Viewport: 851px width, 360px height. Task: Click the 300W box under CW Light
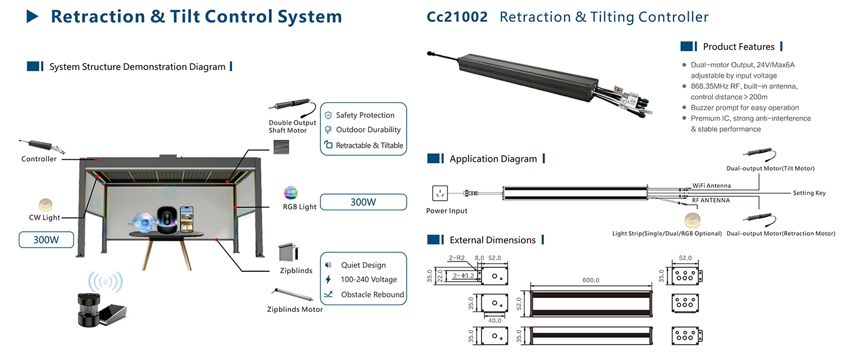coord(46,240)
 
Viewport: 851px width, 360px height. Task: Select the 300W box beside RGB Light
coord(363,202)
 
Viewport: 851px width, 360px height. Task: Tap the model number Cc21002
coord(457,17)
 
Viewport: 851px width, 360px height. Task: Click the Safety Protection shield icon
coord(328,115)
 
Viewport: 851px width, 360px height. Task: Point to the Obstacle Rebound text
coord(372,294)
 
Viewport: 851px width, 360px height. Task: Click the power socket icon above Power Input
coord(440,193)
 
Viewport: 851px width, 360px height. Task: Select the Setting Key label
coord(809,193)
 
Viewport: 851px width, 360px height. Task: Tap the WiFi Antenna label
coord(711,185)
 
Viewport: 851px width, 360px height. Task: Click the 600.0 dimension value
coord(591,280)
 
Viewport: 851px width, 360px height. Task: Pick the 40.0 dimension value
coord(495,320)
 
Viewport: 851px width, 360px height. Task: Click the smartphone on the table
coord(187,220)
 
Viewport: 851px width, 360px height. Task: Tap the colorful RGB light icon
coord(291,193)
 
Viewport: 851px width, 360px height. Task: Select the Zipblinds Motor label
coord(295,310)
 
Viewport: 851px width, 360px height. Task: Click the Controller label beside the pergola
coord(39,159)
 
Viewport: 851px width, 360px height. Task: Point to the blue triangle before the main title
coord(32,16)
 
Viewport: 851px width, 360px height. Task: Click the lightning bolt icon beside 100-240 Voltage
coord(328,279)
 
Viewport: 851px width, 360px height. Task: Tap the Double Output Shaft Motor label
coord(292,126)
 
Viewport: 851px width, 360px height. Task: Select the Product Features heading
coord(739,47)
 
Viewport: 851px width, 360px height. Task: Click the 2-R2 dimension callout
coord(457,258)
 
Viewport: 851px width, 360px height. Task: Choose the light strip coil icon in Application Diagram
coord(692,220)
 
